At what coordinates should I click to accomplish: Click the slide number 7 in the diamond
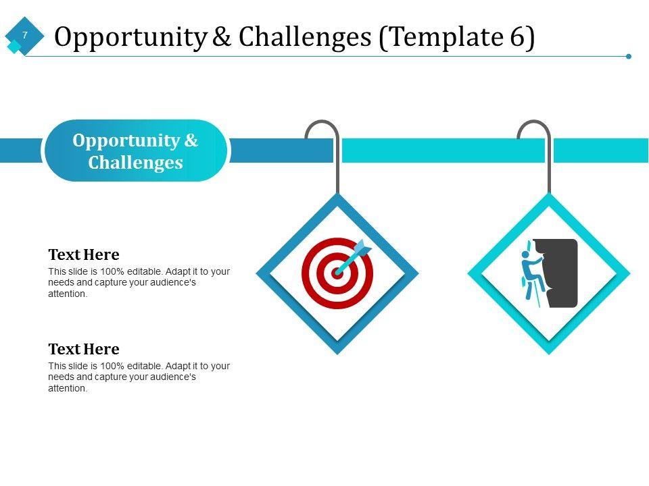point(25,35)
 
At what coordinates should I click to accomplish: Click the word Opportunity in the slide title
point(130,37)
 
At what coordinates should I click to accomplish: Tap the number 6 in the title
point(517,36)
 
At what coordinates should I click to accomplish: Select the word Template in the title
point(446,37)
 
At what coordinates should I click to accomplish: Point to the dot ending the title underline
point(629,56)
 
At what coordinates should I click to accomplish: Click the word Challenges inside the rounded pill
point(135,163)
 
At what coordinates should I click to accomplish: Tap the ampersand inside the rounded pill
point(191,140)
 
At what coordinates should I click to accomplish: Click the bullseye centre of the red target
point(337,273)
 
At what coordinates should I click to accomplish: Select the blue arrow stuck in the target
point(354,257)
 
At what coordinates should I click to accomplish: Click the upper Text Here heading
point(84,254)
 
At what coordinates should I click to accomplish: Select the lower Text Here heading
point(84,349)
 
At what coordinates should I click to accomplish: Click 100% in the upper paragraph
point(112,271)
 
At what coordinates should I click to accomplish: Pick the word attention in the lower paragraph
point(67,389)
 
